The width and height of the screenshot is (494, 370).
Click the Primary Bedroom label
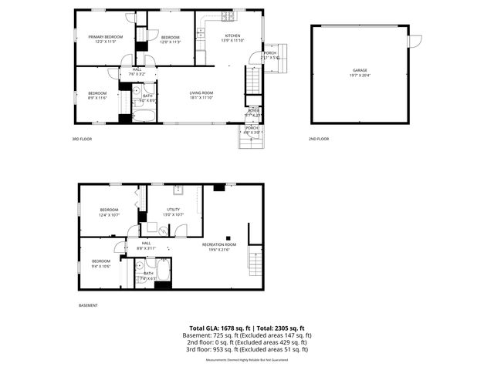106,37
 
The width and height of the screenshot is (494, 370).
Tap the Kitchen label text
232,36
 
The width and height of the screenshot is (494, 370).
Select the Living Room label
201,93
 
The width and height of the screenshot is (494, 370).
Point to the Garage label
360,70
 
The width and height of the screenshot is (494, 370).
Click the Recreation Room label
218,244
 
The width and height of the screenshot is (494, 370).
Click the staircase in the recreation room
255,264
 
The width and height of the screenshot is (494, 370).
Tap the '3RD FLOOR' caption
81,139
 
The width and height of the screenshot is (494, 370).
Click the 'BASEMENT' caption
88,306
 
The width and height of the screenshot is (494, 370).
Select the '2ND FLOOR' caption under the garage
319,139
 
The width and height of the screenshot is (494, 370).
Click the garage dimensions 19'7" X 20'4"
360,75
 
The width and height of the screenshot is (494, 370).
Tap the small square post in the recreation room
228,237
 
